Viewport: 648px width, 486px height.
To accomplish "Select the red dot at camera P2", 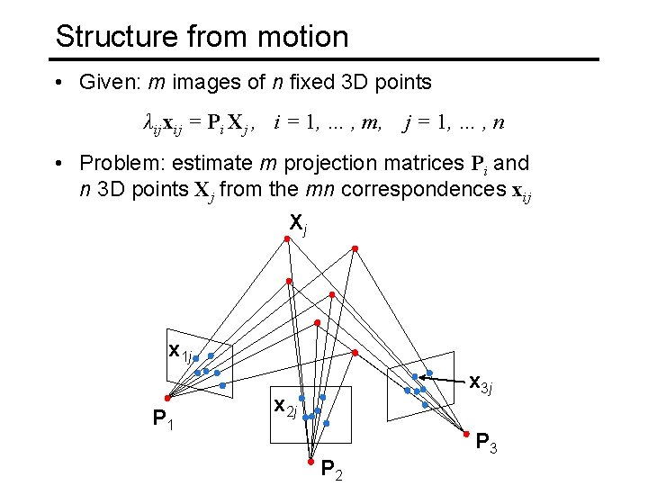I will (x=310, y=462).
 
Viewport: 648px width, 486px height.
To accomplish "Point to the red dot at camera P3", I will (x=479, y=435).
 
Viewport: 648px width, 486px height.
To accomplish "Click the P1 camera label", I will (x=164, y=418).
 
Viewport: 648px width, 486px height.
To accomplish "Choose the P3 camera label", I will (x=487, y=445).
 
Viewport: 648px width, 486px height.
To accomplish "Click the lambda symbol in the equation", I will (x=149, y=122).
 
